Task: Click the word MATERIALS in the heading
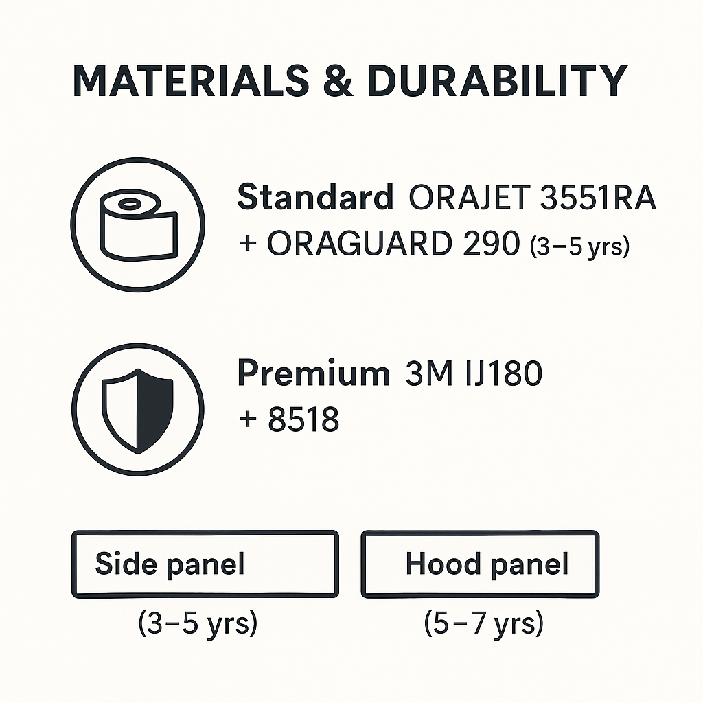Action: (x=191, y=81)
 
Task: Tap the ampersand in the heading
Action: (x=338, y=81)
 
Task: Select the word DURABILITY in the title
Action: (x=498, y=81)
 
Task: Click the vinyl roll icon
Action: (x=138, y=225)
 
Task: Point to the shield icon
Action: (x=137, y=411)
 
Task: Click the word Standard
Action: (x=315, y=196)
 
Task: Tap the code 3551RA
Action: (x=598, y=198)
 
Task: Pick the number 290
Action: (x=491, y=244)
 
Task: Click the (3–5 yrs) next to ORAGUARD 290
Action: (x=579, y=246)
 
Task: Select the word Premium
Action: (x=314, y=373)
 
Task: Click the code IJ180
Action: (x=504, y=374)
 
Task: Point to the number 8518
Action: (x=303, y=419)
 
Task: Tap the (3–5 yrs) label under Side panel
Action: (x=198, y=623)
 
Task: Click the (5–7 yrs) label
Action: (x=484, y=623)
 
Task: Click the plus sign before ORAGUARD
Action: (x=248, y=244)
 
